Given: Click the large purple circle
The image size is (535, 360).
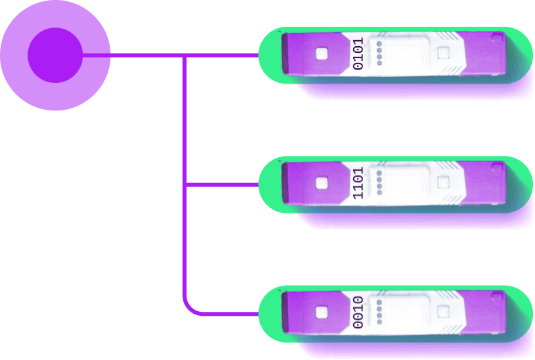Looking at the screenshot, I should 55,56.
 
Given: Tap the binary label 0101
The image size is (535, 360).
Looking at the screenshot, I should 358,54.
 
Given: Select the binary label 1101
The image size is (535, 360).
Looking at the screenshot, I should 358,183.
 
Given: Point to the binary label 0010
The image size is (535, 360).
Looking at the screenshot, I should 358,312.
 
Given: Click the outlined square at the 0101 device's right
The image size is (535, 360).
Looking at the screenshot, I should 442,52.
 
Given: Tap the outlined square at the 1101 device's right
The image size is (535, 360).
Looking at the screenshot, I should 442,181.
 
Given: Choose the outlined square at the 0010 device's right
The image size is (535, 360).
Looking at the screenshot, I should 442,310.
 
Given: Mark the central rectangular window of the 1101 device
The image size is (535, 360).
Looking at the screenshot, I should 408,183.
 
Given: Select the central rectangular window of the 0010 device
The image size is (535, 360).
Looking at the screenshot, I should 408,312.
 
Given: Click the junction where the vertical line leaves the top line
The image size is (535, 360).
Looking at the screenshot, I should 183,56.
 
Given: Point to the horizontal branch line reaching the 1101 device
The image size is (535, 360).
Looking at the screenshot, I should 221,184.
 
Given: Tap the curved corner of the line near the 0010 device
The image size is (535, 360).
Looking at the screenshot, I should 187,310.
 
